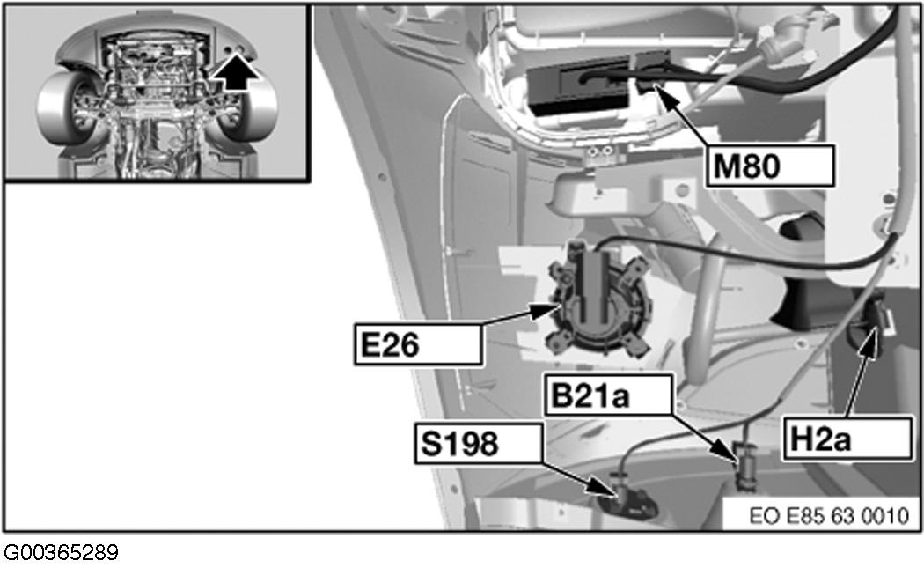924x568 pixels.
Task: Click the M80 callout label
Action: (770, 166)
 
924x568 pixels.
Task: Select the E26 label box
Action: (418, 343)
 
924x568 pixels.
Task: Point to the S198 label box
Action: (478, 443)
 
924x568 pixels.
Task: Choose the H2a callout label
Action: (847, 439)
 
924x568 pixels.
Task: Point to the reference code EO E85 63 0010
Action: (829, 516)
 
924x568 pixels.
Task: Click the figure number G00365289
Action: (61, 553)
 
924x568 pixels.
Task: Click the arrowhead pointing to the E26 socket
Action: (546, 310)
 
